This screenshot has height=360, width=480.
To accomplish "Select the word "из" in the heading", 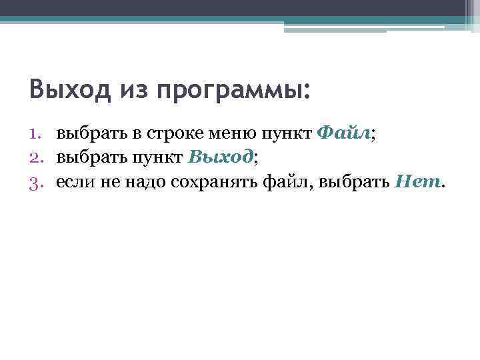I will (134, 89).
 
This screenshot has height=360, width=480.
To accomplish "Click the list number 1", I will (37, 134).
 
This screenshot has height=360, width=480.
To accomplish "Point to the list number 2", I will (37, 157).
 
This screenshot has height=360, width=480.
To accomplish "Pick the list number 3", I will (37, 181).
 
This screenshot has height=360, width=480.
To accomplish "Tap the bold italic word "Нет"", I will (417, 180).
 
